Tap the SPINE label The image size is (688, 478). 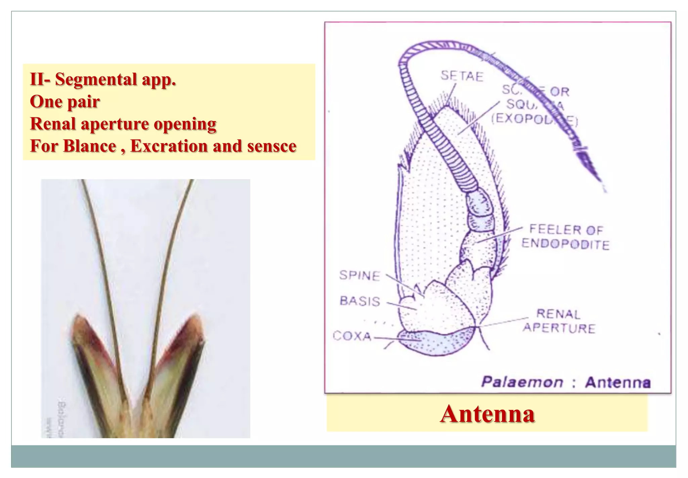pyautogui.click(x=359, y=275)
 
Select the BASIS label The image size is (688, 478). pyautogui.click(x=360, y=301)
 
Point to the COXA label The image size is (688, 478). pyautogui.click(x=352, y=336)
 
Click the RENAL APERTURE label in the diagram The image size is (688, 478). pyautogui.click(x=559, y=321)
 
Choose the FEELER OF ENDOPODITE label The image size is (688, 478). pyautogui.click(x=566, y=237)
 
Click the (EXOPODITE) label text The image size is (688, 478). pyautogui.click(x=534, y=119)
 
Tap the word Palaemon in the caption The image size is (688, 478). pyautogui.click(x=522, y=382)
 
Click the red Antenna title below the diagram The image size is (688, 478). pyautogui.click(x=487, y=413)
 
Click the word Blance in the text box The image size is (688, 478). pyautogui.click(x=89, y=146)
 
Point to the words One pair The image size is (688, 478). pyautogui.click(x=65, y=102)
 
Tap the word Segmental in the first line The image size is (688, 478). pyautogui.click(x=96, y=80)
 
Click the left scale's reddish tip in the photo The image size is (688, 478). pyautogui.click(x=79, y=321)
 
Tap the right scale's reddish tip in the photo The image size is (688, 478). pyautogui.click(x=194, y=321)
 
